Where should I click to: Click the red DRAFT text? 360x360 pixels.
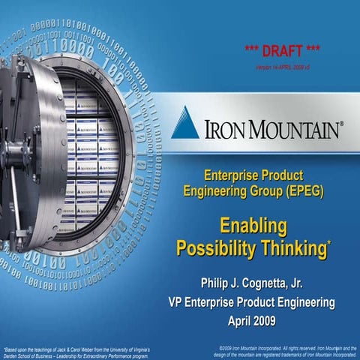click(x=283, y=51)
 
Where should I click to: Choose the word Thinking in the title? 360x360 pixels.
click(x=292, y=247)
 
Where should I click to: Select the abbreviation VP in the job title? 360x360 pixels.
click(x=175, y=301)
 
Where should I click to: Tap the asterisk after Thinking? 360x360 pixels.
click(x=329, y=241)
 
